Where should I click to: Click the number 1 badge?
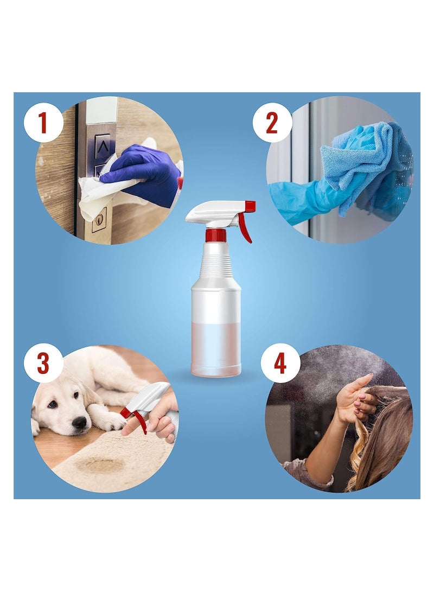(43, 123)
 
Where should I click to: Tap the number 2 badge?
(272, 123)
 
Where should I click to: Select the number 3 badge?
(43, 363)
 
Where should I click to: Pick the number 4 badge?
(280, 363)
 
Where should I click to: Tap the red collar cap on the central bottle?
(216, 235)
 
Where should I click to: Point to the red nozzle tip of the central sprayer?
(250, 206)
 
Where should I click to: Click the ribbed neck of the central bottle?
(216, 260)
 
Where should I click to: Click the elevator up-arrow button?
(103, 146)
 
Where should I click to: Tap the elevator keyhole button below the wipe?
(99, 220)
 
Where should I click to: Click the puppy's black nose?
(80, 422)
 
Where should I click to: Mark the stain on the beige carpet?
(99, 464)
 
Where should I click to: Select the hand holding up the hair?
(355, 398)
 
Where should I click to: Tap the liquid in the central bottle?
(216, 349)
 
